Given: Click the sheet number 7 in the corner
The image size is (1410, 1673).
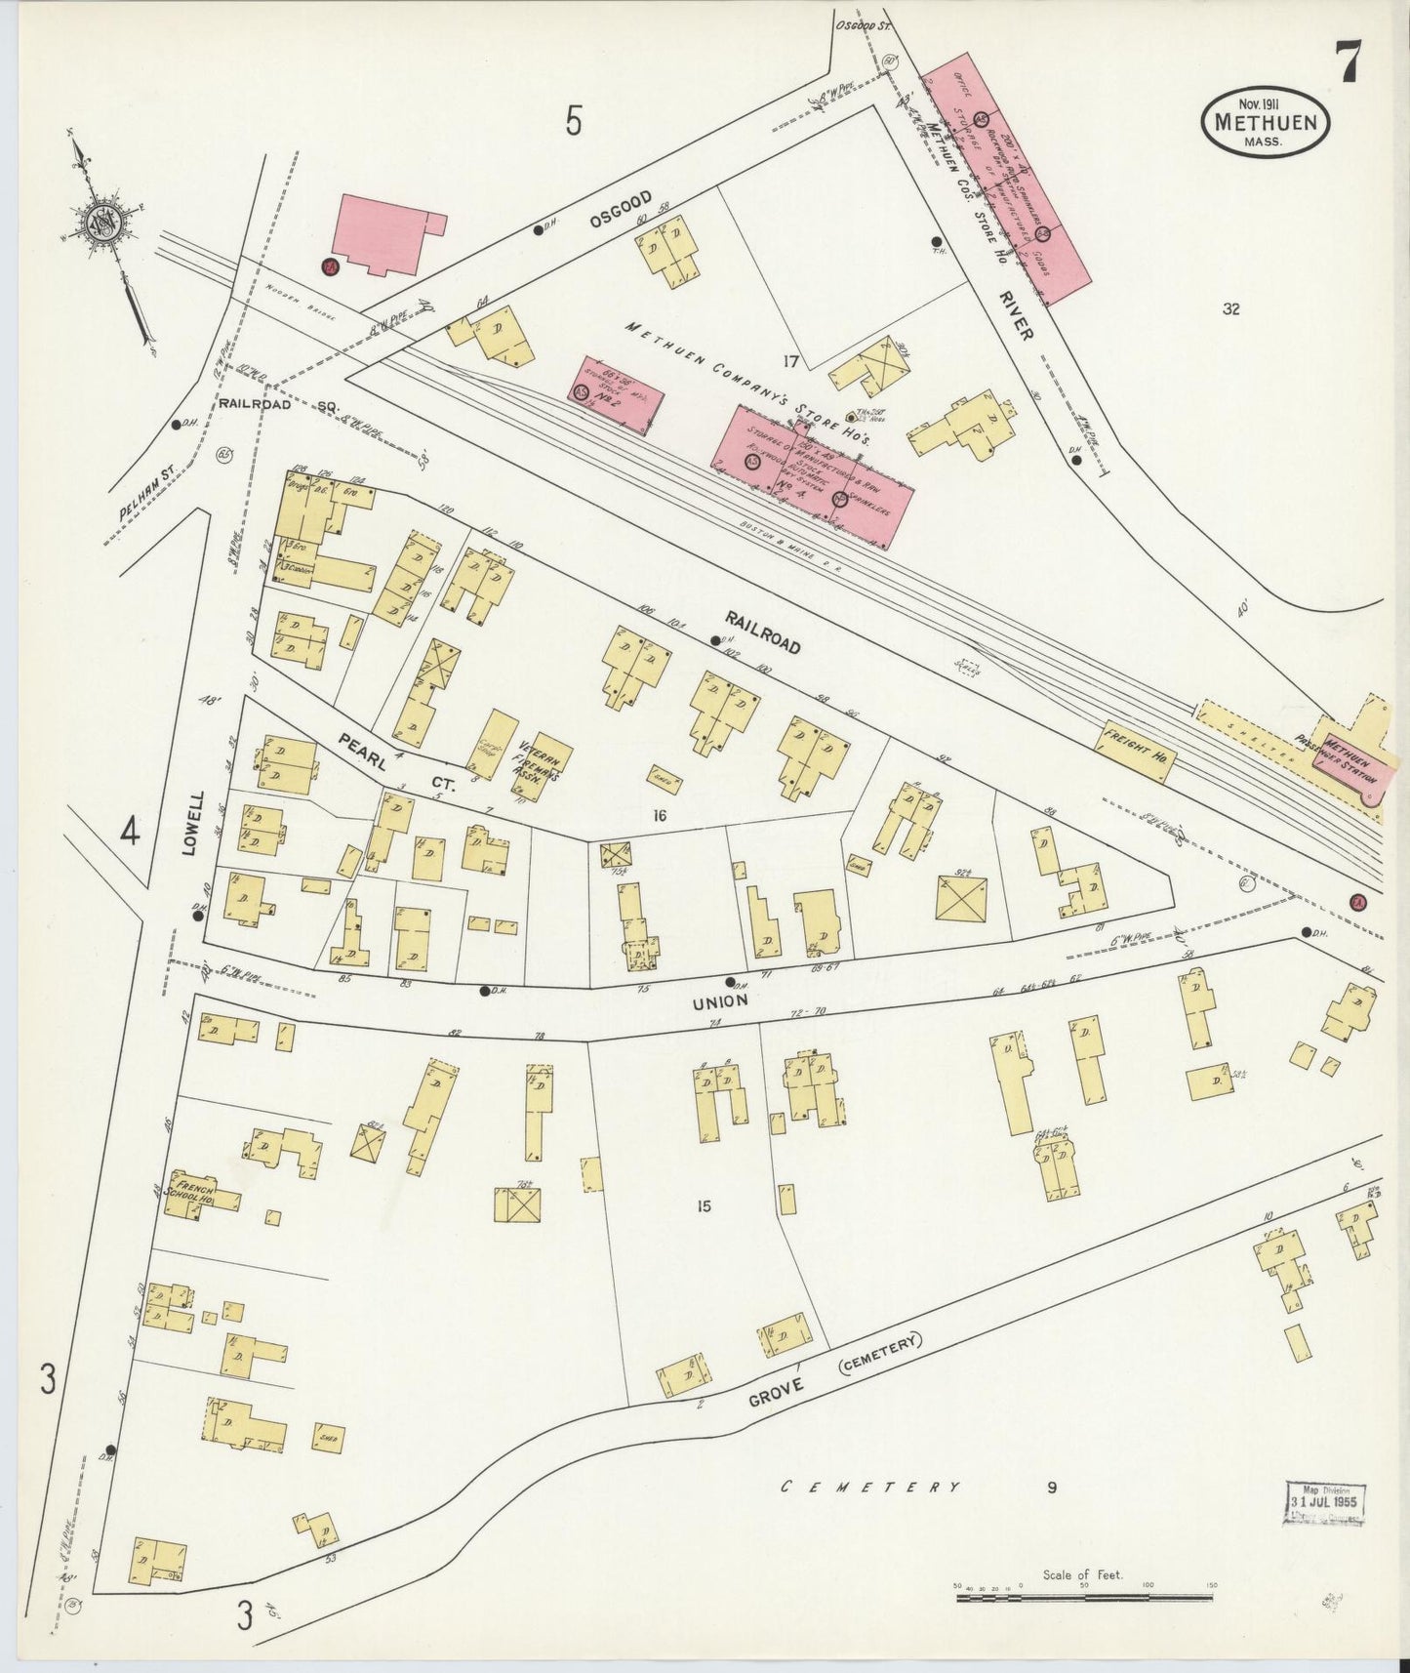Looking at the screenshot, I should coord(1350,64).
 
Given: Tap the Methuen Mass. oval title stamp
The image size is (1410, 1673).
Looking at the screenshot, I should coord(1266,123).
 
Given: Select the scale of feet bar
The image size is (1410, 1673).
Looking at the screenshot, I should coord(1083,1598).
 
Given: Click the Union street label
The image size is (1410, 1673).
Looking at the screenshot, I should coord(720,1001).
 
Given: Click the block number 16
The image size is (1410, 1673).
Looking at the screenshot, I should coord(660,816).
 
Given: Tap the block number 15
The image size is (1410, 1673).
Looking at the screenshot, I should coord(704,1206).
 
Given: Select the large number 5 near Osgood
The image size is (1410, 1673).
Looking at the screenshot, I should coord(574,122).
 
